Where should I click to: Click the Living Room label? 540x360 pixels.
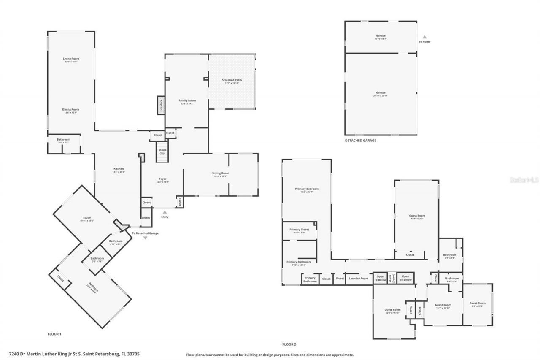coord(71,59)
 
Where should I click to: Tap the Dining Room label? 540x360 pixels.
coord(71,109)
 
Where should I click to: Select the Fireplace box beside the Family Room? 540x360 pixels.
coord(161,105)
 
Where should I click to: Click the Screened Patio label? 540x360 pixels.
coord(232,80)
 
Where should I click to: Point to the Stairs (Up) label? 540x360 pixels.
coord(162,151)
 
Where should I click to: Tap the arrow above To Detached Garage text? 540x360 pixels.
coord(146,238)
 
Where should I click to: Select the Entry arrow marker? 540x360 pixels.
coord(165,212)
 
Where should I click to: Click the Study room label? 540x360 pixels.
coord(87,218)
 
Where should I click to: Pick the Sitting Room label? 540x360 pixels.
coord(220,173)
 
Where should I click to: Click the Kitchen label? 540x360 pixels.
coord(118,169)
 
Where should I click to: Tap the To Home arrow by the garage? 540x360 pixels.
coord(424,37)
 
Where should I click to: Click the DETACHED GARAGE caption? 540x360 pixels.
coord(360,141)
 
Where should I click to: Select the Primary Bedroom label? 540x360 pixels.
coord(307,189)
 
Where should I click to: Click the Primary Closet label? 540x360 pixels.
coord(299,230)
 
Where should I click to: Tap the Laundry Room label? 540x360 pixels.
coord(358,279)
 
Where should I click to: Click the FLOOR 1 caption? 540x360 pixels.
coord(54,334)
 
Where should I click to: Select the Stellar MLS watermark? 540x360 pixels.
coord(524,179)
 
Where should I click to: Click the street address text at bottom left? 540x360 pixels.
coord(74,354)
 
